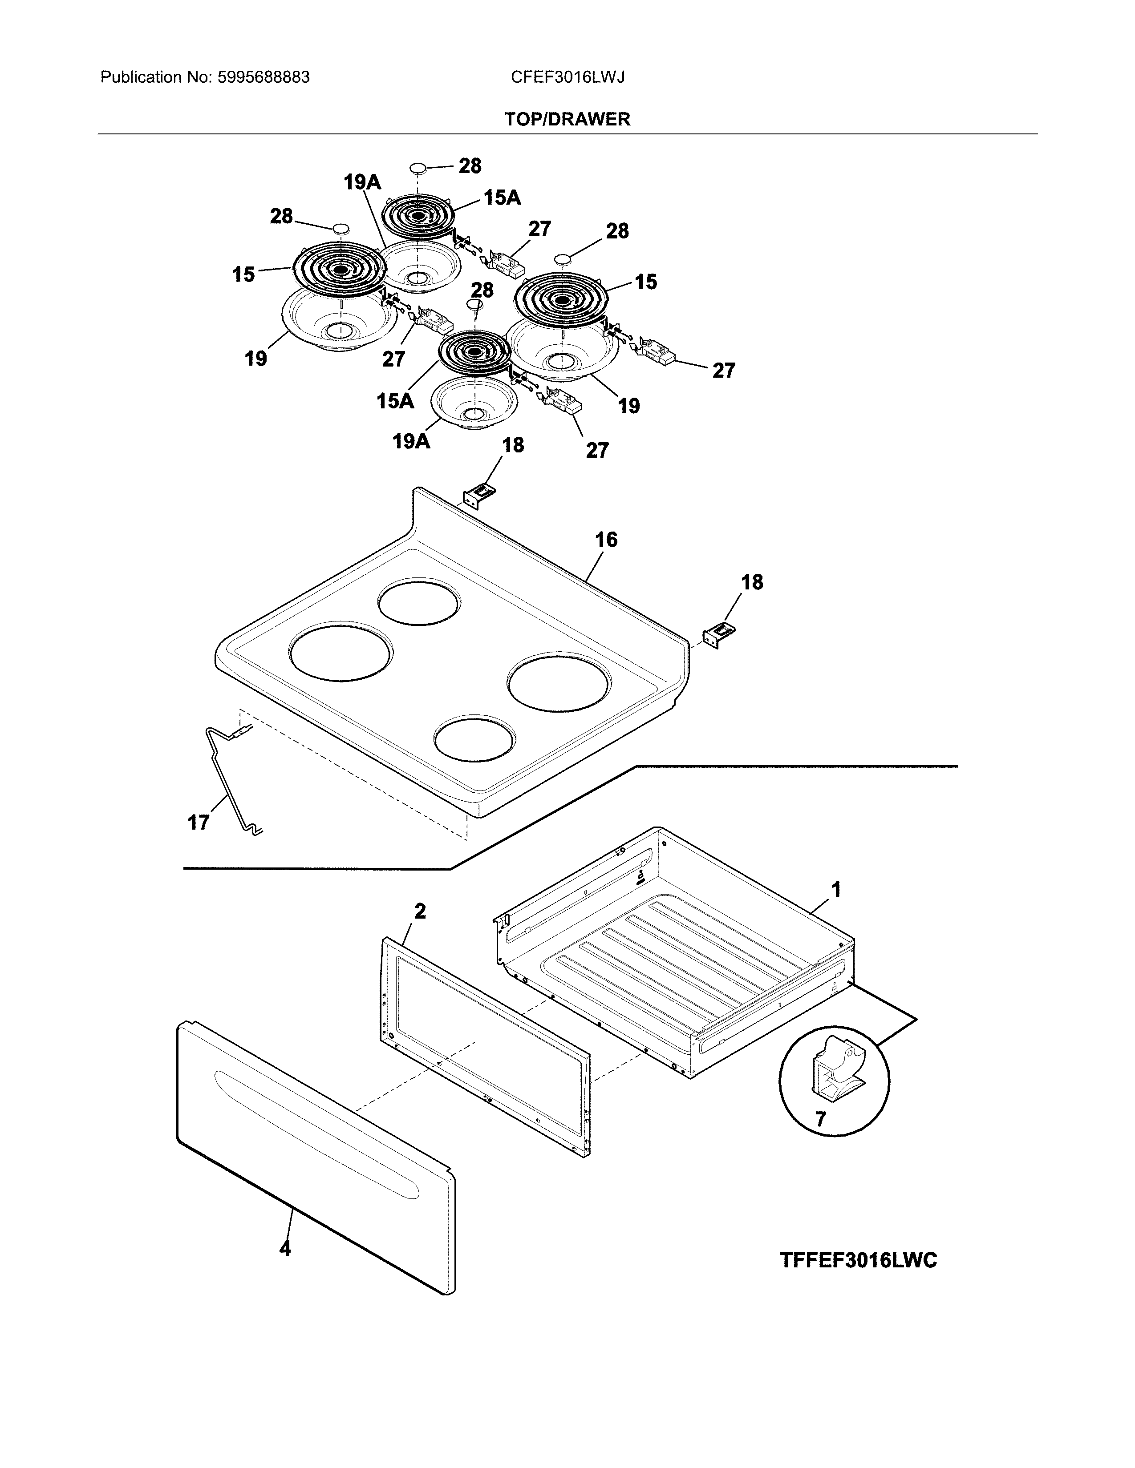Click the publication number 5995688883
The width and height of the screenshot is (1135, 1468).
(x=263, y=77)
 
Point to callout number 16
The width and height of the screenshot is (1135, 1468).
(x=605, y=540)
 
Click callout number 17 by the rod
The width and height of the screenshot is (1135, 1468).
(x=199, y=822)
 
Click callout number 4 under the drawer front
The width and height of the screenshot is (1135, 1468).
(x=285, y=1248)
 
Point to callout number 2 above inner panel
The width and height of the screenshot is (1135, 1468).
(x=420, y=911)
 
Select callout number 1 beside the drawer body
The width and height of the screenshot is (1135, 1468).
(x=836, y=890)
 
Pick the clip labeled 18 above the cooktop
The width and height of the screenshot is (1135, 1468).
(x=479, y=496)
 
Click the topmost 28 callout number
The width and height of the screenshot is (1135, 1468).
(x=470, y=165)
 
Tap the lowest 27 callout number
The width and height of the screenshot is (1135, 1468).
(x=596, y=450)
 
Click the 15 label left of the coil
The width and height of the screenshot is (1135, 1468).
(x=243, y=274)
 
